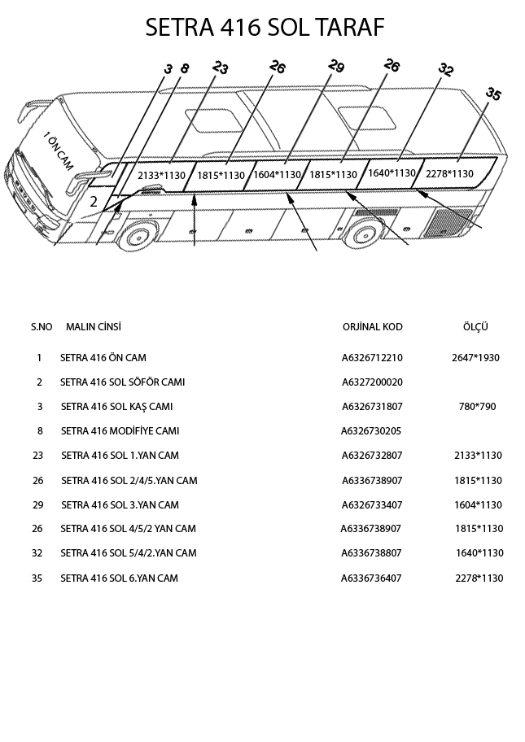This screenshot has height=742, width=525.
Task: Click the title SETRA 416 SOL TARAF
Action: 263,28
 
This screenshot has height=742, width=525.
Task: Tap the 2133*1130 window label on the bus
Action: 161,175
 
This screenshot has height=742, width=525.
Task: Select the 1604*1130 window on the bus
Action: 278,174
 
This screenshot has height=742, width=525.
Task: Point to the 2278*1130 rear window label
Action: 449,173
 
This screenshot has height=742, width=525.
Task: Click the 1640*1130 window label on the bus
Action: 392,173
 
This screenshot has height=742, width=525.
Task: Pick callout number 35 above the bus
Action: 492,94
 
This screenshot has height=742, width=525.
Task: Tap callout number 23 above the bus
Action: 220,68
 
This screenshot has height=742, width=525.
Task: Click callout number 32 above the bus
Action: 445,69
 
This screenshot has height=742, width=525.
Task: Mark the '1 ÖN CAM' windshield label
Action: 57,151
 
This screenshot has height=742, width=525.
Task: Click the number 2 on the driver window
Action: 94,201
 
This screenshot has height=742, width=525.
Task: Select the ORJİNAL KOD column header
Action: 372,327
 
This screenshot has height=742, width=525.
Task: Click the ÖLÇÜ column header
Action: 475,327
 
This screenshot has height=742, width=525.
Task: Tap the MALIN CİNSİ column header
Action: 94,327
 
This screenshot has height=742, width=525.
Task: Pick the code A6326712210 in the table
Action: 372,358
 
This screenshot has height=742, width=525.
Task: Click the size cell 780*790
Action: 477,407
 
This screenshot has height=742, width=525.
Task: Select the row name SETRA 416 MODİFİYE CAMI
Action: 120,431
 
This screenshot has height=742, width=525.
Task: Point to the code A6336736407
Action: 372,578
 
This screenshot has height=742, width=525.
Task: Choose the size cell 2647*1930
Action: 475,358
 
